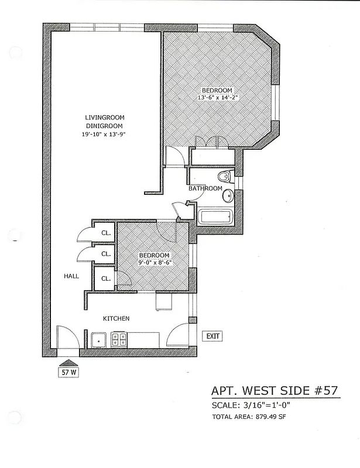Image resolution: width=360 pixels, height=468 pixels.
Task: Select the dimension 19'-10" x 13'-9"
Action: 105,134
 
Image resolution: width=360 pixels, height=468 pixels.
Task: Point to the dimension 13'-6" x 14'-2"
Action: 217,98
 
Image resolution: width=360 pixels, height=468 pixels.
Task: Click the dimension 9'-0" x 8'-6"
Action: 155,263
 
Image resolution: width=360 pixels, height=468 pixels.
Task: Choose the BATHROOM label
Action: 205,188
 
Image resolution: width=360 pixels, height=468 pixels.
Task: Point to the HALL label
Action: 71,276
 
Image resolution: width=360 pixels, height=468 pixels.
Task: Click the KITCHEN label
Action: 116,318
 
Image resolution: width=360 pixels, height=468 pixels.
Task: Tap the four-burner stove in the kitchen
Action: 119,340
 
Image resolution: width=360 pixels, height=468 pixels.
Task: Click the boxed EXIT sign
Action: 212,336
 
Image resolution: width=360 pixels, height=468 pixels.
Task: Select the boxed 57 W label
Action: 68,371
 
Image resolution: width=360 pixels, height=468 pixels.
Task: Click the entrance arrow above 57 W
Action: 68,362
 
